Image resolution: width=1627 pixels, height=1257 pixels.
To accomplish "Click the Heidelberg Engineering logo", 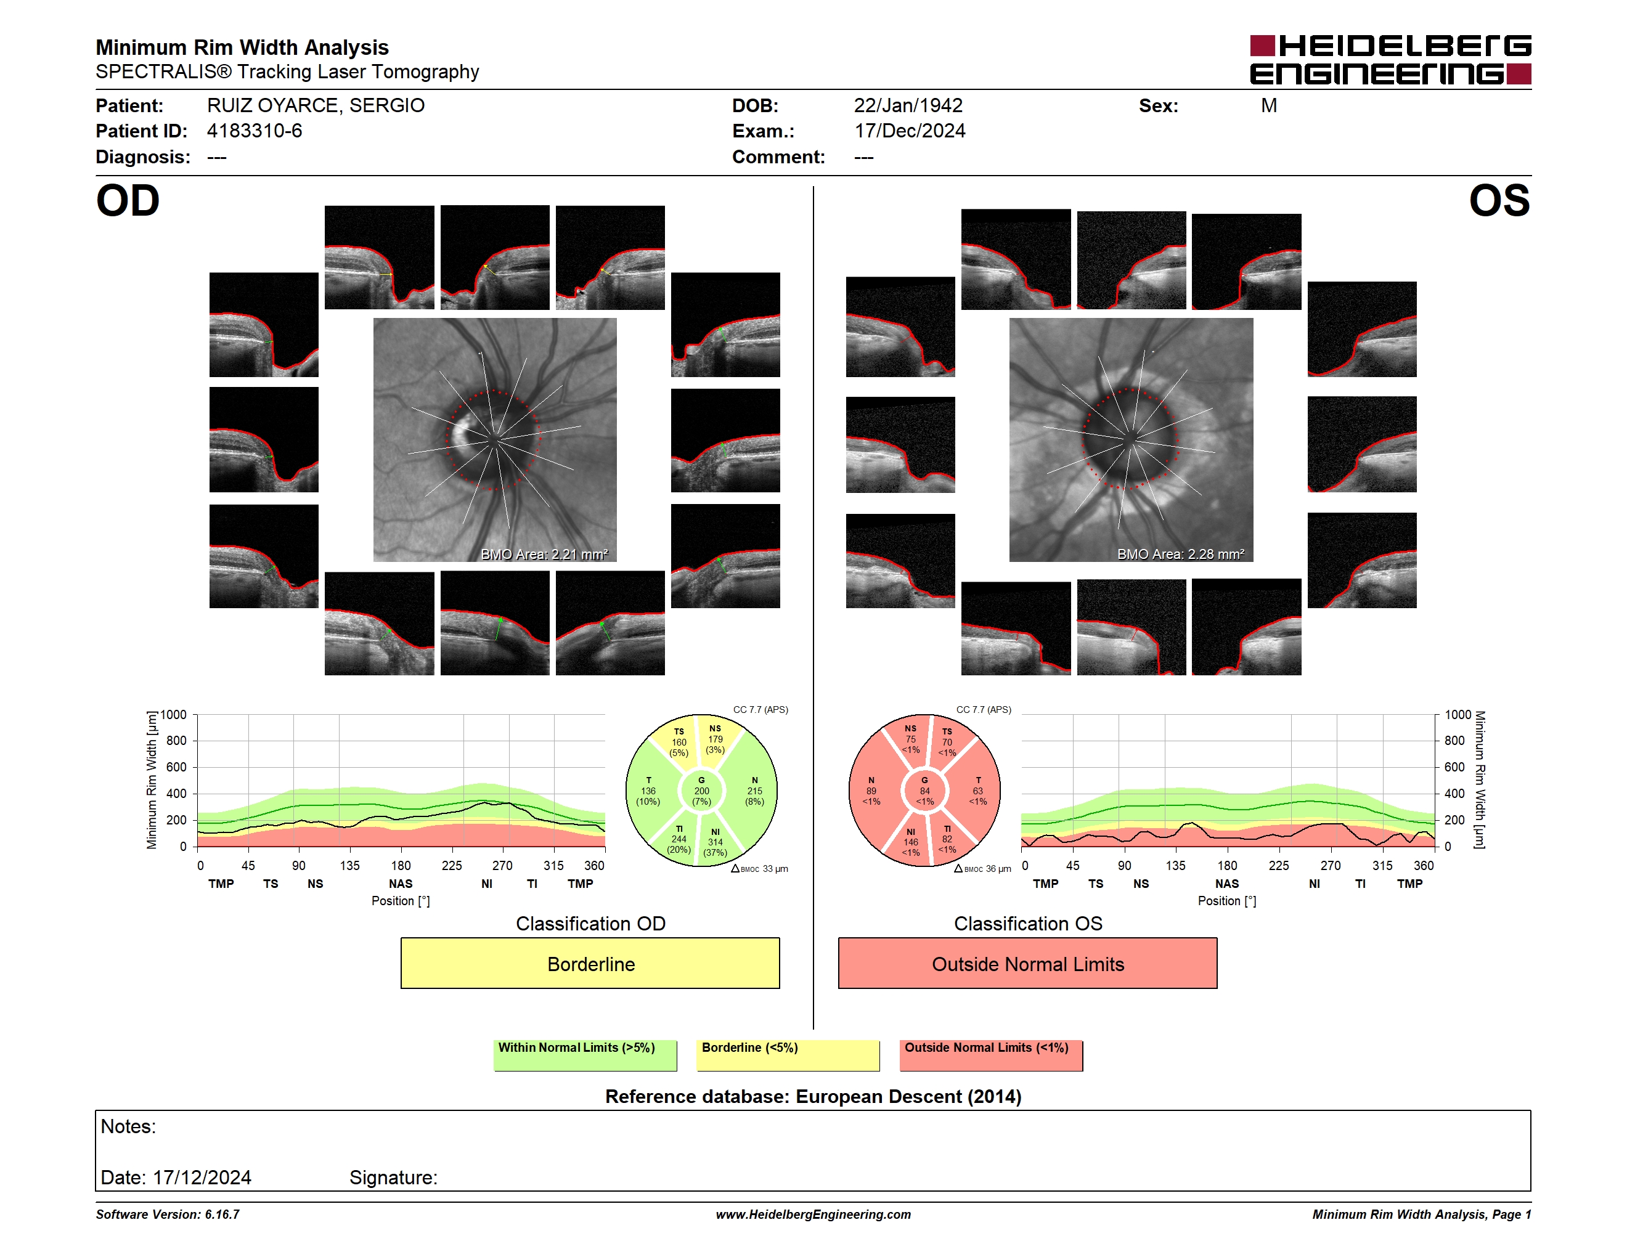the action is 1390,60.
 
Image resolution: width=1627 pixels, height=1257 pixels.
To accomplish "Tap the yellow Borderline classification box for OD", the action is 590,963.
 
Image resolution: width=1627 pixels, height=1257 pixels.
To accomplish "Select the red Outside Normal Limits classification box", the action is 1027,963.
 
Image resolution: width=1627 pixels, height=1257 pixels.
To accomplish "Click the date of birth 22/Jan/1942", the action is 908,106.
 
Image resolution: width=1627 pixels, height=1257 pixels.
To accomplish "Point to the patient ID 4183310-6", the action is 255,131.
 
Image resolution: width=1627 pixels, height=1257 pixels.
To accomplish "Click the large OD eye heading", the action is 128,201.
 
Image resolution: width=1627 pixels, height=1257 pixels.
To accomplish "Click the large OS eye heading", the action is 1499,201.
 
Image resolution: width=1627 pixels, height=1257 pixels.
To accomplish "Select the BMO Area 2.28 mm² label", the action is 1181,554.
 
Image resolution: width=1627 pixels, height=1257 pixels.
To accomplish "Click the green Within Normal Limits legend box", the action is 585,1055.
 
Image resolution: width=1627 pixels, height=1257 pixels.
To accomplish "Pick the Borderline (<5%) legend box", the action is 788,1055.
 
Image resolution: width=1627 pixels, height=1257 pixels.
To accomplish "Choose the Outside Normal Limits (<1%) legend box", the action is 991,1055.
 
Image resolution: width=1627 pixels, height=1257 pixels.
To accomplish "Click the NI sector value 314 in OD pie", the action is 715,842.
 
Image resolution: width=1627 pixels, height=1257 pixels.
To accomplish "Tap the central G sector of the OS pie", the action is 924,791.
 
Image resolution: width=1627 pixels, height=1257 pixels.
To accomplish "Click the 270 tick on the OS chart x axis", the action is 1331,865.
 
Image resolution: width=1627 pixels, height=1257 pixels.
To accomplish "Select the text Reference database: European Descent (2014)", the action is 813,1096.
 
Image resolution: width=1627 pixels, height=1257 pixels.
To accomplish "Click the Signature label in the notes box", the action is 393,1178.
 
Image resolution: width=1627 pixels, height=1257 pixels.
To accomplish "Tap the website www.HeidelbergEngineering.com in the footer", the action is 813,1214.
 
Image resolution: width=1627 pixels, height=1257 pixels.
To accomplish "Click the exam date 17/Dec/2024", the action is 910,131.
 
